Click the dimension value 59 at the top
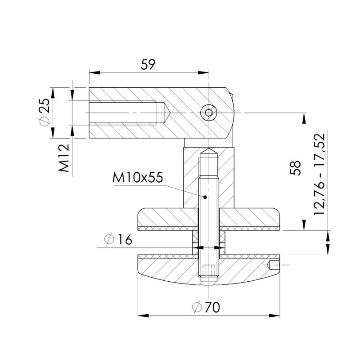click(x=148, y=64)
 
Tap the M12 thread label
click(x=64, y=158)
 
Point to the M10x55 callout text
click(x=137, y=178)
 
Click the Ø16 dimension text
click(x=117, y=240)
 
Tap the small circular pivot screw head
click(x=208, y=112)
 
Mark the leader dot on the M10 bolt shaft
click(x=205, y=197)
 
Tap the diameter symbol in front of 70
click(x=197, y=308)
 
